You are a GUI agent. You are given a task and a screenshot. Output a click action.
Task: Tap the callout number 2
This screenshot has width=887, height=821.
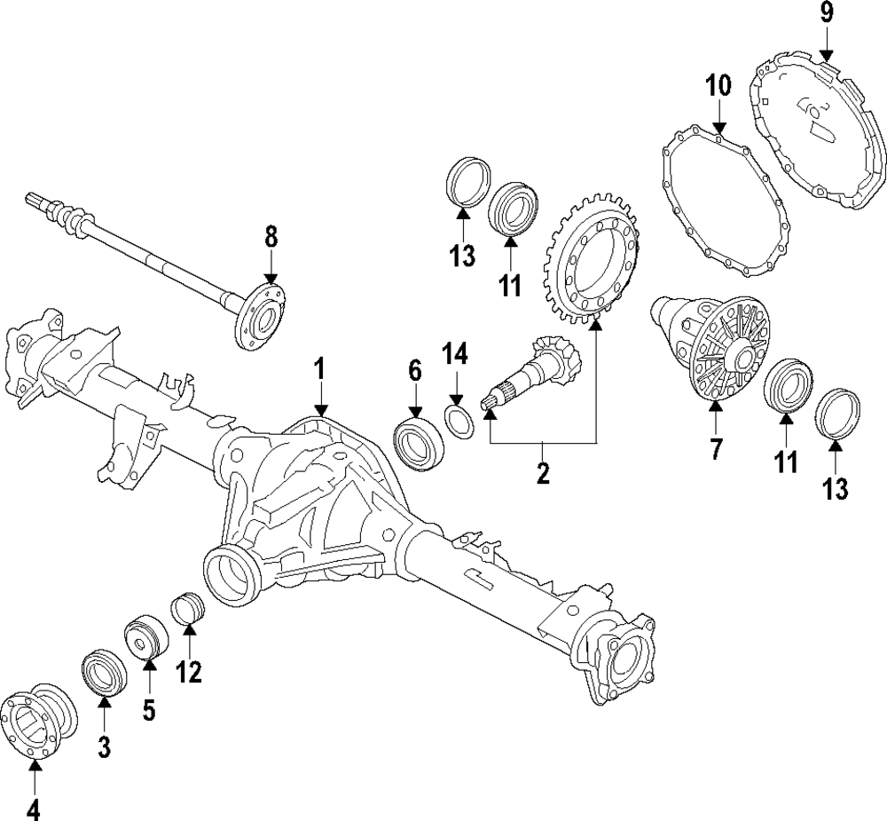543,472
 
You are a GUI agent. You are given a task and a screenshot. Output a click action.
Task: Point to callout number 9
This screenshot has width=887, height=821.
826,13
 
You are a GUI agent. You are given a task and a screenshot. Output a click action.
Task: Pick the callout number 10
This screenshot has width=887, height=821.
718,86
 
